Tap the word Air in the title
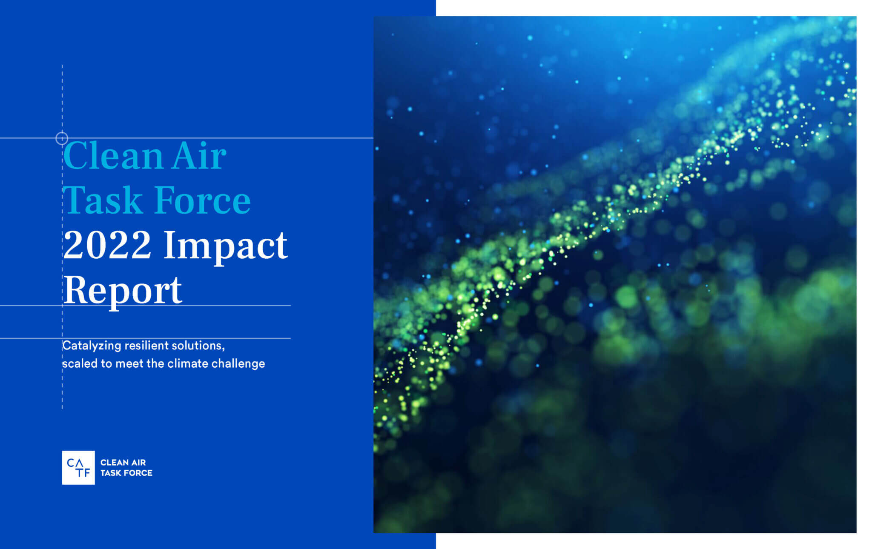tap(199, 156)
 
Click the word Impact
tap(226, 246)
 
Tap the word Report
tap(123, 291)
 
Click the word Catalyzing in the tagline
tap(92, 346)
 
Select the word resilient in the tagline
tap(144, 345)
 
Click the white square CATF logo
tap(78, 467)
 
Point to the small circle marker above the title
tap(62, 138)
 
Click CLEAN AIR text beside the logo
tap(123, 462)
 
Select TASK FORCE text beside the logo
tap(126, 473)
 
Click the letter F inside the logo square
tap(86, 472)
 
